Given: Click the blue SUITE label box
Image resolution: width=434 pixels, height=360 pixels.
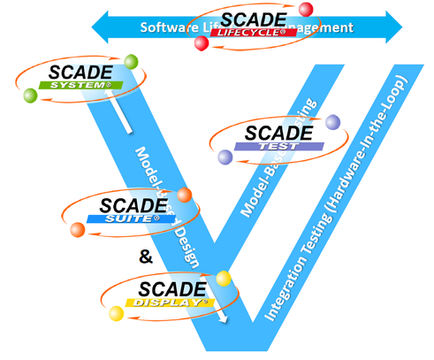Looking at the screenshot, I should pos(126,217).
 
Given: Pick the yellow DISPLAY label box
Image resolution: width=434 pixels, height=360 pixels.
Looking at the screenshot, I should pos(171,303).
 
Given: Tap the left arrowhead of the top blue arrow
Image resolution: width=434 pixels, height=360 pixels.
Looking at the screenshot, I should pos(100,27).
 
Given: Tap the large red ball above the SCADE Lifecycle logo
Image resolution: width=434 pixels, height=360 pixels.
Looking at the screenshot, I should pos(306,10).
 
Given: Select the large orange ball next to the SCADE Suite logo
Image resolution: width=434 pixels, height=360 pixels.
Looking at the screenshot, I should pos(185,195).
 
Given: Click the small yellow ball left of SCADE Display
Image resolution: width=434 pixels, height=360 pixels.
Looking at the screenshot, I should pos(114,314).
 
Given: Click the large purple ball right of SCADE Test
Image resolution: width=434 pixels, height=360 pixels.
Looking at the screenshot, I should pos(332,122).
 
